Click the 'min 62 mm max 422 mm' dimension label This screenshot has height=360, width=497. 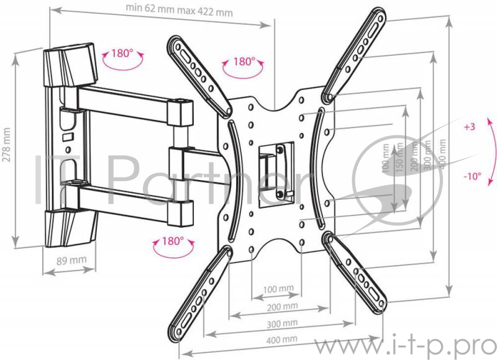[x=179, y=10]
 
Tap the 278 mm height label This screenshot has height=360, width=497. [x=6, y=145]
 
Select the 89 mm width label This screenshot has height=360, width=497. [x=71, y=261]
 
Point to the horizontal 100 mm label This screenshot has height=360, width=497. [x=278, y=289]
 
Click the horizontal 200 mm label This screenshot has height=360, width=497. [x=282, y=307]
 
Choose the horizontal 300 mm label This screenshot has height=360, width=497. [x=282, y=324]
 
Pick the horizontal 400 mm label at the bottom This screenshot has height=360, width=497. [x=281, y=340]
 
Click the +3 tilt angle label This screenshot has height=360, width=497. [x=470, y=127]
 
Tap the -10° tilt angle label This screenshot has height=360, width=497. [x=472, y=176]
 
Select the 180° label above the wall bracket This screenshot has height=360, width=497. [x=122, y=53]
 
